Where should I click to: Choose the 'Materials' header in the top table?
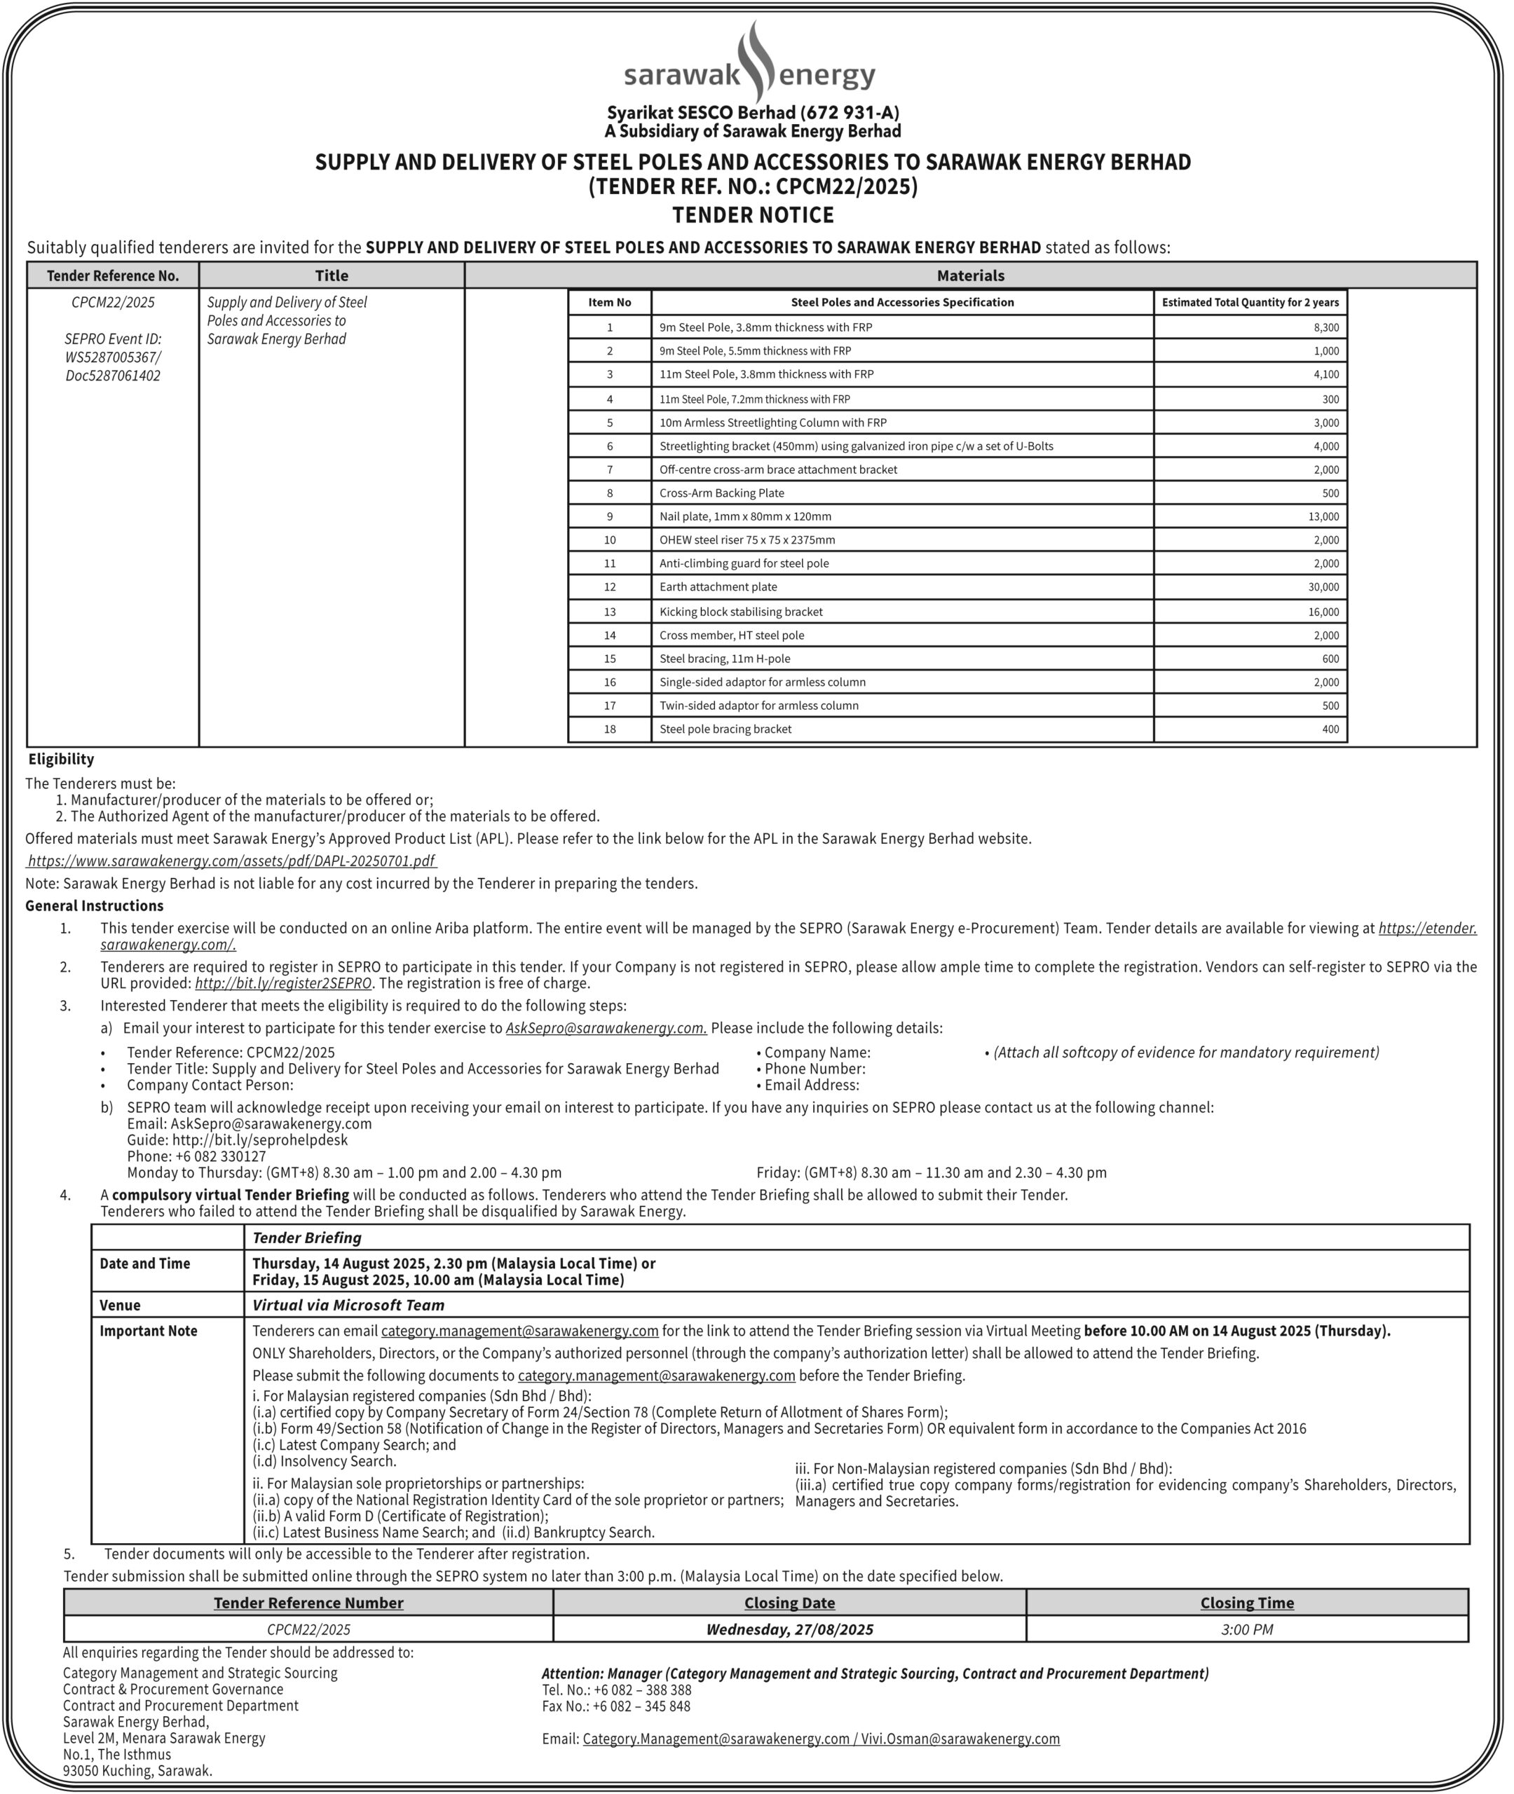pyautogui.click(x=970, y=276)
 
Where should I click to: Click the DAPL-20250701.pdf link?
pyautogui.click(x=232, y=861)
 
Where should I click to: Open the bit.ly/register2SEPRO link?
pyautogui.click(x=283, y=983)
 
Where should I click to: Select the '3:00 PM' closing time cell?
pyautogui.click(x=1246, y=1629)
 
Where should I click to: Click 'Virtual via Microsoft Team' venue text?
pyautogui.click(x=348, y=1305)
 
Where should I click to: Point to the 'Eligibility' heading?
pyautogui.click(x=61, y=760)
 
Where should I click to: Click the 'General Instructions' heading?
pyautogui.click(x=95, y=906)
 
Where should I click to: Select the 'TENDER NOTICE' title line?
pyautogui.click(x=753, y=214)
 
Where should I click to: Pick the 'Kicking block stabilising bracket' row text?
pyautogui.click(x=741, y=612)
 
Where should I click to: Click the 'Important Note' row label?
pyautogui.click(x=149, y=1331)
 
